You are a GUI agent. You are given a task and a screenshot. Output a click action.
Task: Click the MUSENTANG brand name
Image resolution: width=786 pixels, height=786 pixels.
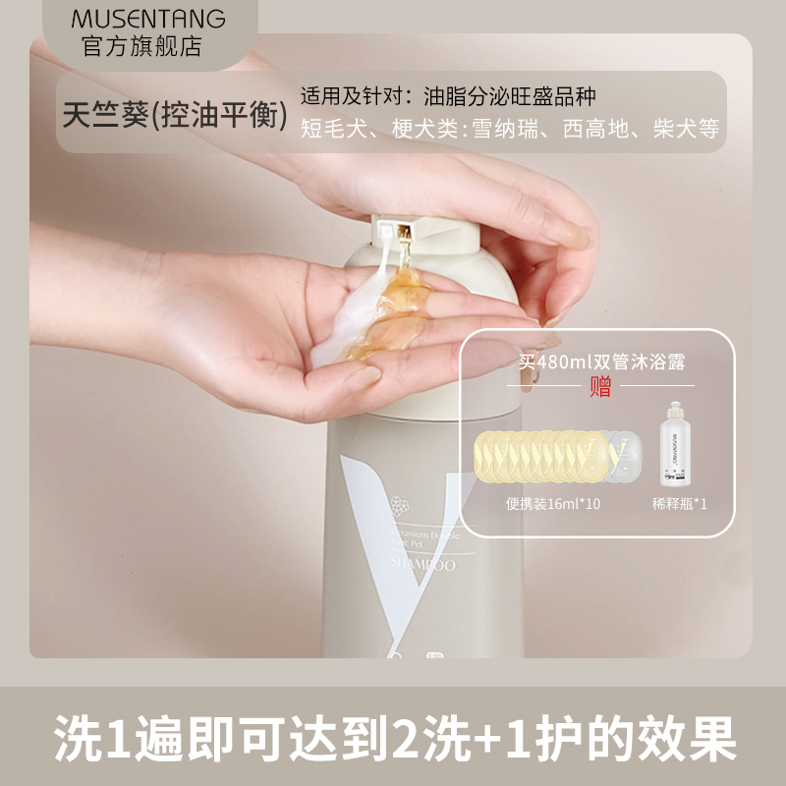[x=148, y=19]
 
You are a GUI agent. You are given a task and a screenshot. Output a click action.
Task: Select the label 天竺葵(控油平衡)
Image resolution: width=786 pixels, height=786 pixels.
[x=175, y=116]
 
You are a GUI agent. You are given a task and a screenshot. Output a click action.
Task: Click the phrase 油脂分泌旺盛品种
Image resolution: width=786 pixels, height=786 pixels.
[x=510, y=97]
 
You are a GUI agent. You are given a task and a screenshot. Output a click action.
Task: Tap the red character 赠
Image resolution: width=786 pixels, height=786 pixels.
[x=599, y=386]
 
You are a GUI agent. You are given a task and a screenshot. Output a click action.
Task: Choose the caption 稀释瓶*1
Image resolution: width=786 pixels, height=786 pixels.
[x=679, y=502]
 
